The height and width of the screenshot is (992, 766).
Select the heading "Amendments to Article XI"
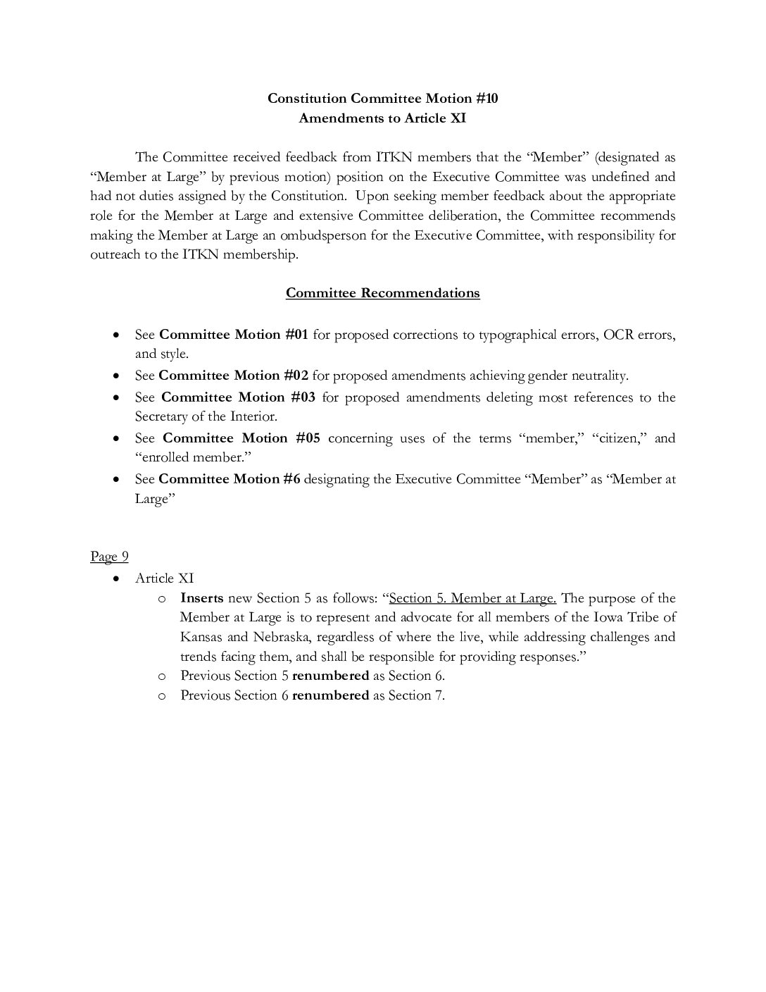tap(382, 118)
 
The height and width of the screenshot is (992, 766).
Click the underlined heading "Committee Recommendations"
tap(382, 293)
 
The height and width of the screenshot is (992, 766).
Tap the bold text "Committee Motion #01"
tap(234, 335)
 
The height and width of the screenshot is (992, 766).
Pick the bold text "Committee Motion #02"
tap(234, 376)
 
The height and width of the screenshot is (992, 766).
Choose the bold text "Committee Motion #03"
tap(238, 397)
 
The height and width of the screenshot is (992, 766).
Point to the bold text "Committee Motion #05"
tap(241, 438)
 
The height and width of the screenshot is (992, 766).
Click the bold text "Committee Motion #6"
tap(230, 479)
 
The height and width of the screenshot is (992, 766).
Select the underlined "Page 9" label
tap(109, 557)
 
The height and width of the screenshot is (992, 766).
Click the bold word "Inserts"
tap(201, 598)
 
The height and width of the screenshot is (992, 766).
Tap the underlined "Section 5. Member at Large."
tap(472, 598)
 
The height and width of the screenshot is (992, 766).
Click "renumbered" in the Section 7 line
tap(330, 695)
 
